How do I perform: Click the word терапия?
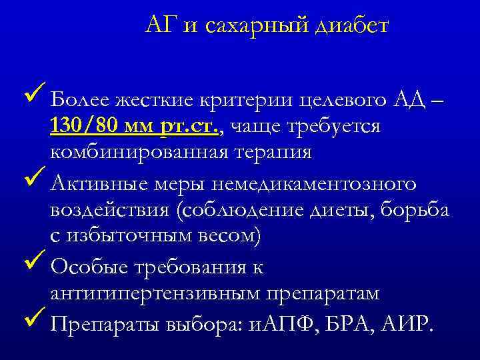(x=273, y=152)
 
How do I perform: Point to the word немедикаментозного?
(x=306, y=183)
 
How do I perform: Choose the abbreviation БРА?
(x=352, y=325)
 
